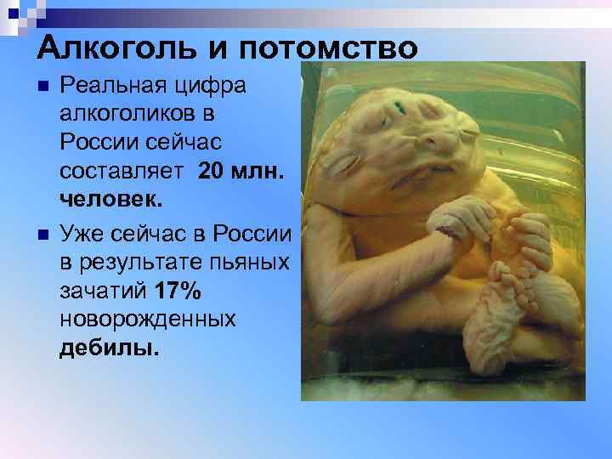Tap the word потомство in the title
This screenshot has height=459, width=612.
click(333, 47)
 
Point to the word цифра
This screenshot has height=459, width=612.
click(216, 86)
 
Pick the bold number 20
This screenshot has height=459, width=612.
click(212, 173)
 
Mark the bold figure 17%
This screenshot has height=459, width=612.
click(178, 292)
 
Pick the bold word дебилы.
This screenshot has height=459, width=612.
click(109, 348)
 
